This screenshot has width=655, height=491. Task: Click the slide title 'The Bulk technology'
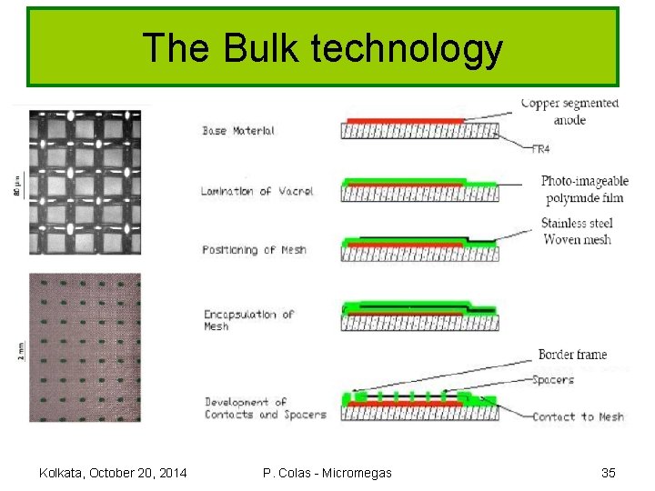pos(323,48)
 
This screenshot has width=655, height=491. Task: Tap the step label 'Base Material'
pos(238,131)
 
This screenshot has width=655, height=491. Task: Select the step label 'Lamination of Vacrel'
pos(257,190)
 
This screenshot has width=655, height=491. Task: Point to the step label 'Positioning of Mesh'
pos(255,249)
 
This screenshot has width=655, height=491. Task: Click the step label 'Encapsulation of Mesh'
pos(248,319)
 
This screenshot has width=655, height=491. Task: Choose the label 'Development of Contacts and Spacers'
pos(265,407)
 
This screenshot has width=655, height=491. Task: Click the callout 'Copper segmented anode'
pos(569,111)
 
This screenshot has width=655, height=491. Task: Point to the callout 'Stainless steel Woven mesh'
pos(577,231)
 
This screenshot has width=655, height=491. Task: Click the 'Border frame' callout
pos(572,355)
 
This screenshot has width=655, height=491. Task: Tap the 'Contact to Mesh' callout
pos(578,416)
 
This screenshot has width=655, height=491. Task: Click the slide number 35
pos(609,472)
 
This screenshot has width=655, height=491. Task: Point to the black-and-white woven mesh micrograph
pos(85,183)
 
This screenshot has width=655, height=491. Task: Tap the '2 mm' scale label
pos(21,350)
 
